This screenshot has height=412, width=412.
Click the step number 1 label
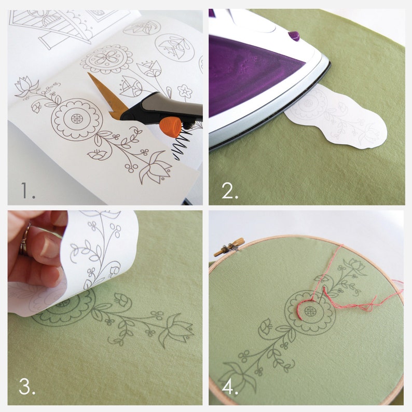point(28,190)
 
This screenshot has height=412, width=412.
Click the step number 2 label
point(230,190)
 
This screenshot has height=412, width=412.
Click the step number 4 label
point(230,386)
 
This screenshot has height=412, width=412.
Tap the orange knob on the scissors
point(170,127)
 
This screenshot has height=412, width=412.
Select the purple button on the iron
point(294,36)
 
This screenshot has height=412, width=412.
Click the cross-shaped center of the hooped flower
point(310,311)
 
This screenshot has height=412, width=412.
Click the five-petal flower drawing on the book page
point(185,91)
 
